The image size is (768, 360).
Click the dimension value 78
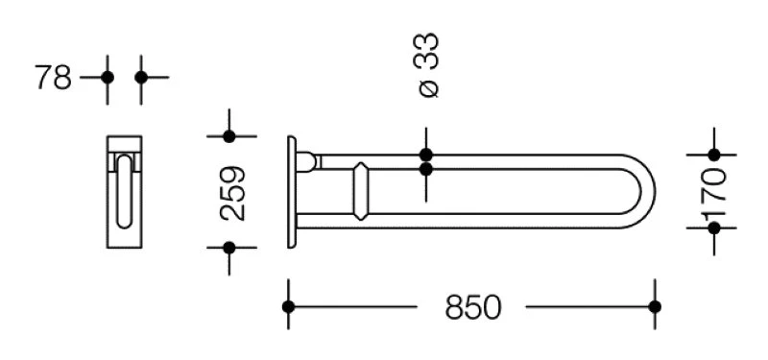tap(54, 77)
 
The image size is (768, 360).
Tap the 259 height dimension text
tap(232, 194)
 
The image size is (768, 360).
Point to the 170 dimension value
tap(713, 192)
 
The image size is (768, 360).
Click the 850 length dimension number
tap(473, 307)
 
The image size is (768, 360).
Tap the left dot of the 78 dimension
tap(108, 78)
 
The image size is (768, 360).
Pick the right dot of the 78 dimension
tap(141, 78)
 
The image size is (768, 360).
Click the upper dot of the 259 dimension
tap(229, 136)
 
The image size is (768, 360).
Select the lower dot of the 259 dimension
tap(229, 248)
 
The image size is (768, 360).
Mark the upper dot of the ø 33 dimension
tap(426, 155)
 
